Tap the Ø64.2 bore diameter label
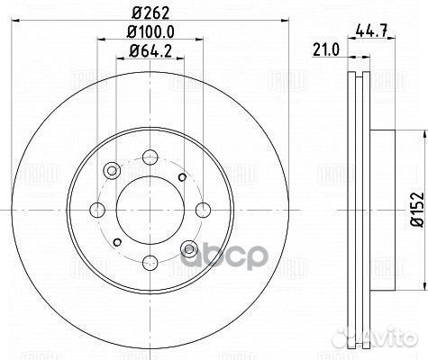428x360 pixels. tap(148, 53)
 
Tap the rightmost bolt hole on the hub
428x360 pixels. tap(201, 208)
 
